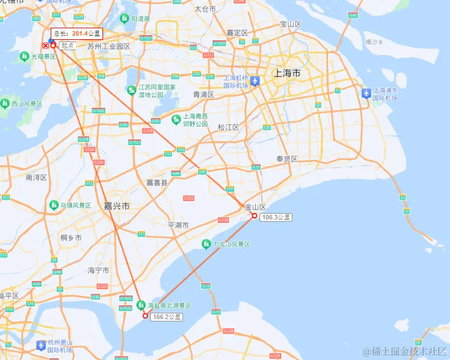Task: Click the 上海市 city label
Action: pyautogui.click(x=288, y=73)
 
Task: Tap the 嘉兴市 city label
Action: pyautogui.click(x=117, y=206)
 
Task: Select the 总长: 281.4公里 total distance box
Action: pyautogui.click(x=76, y=34)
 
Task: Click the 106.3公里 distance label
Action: pyautogui.click(x=276, y=218)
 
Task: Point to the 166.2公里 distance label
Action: pyautogui.click(x=167, y=317)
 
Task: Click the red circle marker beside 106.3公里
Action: pyautogui.click(x=254, y=216)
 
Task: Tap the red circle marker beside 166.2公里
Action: pyautogui.click(x=145, y=315)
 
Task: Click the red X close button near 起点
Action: pyautogui.click(x=45, y=45)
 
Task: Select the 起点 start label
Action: pyautogui.click(x=67, y=45)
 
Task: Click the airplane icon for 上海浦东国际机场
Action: pyautogui.click(x=366, y=93)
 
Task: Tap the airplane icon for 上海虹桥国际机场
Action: pyautogui.click(x=255, y=81)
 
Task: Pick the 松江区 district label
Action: pyautogui.click(x=228, y=127)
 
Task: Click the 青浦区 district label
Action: pyautogui.click(x=204, y=94)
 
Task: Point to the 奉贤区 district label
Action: pyautogui.click(x=287, y=159)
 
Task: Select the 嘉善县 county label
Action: pyautogui.click(x=157, y=183)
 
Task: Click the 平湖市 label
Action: pyautogui.click(x=178, y=225)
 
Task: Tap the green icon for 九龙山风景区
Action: pyautogui.click(x=206, y=244)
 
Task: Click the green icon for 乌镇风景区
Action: pyautogui.click(x=54, y=205)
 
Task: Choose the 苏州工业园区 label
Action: pyautogui.click(x=109, y=46)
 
